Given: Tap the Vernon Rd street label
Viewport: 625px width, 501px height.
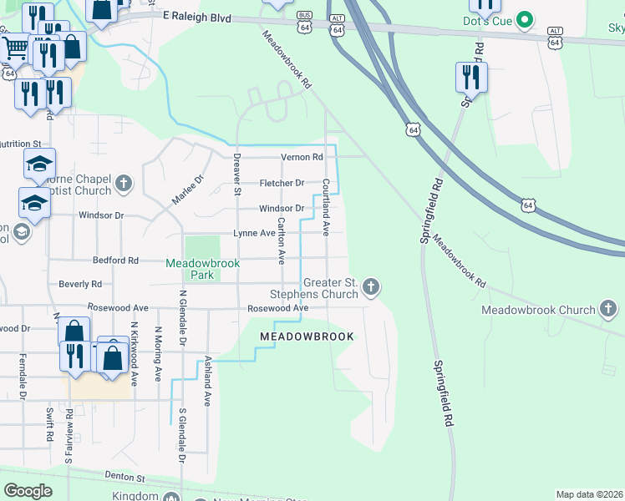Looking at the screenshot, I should pos(302,157).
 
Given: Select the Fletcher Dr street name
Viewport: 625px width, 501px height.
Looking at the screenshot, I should pos(282,183).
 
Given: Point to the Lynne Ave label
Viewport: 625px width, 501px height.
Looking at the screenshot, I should pos(254,234).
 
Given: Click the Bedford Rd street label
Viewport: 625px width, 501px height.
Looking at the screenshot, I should pos(115,261).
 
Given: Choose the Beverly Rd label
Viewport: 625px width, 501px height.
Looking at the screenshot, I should pos(80,285).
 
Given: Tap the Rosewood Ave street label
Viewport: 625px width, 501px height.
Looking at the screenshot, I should pos(278,308).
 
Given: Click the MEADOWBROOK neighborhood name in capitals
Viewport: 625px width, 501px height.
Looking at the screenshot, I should pos(307,337).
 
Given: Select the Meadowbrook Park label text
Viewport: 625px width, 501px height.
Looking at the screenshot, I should pos(203,269).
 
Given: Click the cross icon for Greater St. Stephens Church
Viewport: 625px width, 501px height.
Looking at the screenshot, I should pos(371,287).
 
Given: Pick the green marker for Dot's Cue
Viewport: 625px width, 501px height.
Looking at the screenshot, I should pos(525,19).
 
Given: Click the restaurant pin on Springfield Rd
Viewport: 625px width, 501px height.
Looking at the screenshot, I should pos(471,78).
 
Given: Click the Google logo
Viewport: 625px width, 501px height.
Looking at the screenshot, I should pos(28,491).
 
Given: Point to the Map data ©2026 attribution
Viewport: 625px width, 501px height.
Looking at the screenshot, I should pos(589,494).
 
